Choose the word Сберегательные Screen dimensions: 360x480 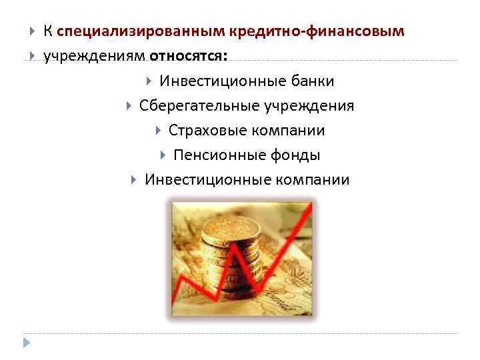[201, 106]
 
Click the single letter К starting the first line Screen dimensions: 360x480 [48, 31]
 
